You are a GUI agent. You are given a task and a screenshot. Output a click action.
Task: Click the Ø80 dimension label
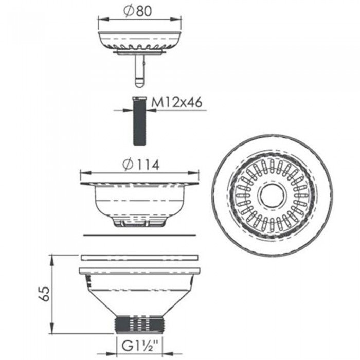pyautogui.click(x=138, y=11)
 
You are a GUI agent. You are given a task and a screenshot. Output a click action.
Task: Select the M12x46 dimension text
pyautogui.click(x=177, y=102)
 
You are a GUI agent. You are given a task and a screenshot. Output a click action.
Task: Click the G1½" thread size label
pyautogui.click(x=140, y=347)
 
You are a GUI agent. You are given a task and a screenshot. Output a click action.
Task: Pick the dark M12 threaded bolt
pyautogui.click(x=139, y=121)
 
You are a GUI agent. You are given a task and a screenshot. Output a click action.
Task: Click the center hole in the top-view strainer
pyautogui.click(x=272, y=195)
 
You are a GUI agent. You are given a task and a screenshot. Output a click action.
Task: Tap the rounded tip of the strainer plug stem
pyautogui.click(x=139, y=83)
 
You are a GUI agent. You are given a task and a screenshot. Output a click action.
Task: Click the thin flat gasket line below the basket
pyautogui.click(x=139, y=235)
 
